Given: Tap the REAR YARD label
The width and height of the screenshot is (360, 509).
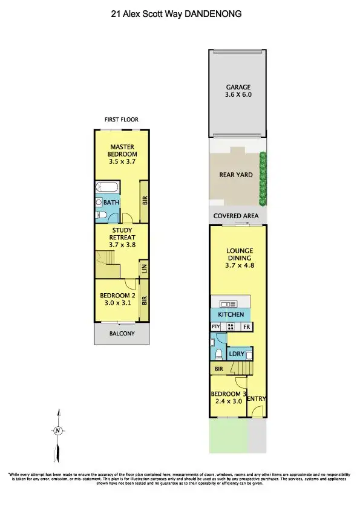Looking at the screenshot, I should [235, 175].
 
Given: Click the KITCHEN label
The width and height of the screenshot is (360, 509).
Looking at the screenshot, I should [231, 315].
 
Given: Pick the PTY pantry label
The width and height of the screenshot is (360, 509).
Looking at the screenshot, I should [215, 327].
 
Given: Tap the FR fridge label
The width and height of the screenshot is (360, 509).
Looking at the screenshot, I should [247, 327].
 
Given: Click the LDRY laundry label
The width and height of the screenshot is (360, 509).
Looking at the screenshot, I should [236, 354].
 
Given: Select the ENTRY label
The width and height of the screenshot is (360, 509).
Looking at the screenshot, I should [257, 398].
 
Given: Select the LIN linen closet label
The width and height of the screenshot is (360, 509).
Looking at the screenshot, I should [143, 268].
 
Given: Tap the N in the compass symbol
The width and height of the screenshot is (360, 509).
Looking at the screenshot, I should [57, 431].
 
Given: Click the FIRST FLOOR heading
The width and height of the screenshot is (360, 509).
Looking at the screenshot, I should [121, 119].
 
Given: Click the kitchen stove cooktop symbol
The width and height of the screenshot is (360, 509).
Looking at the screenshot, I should [231, 327].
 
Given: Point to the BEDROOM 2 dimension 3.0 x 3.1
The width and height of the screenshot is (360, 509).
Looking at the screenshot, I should [116, 303].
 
